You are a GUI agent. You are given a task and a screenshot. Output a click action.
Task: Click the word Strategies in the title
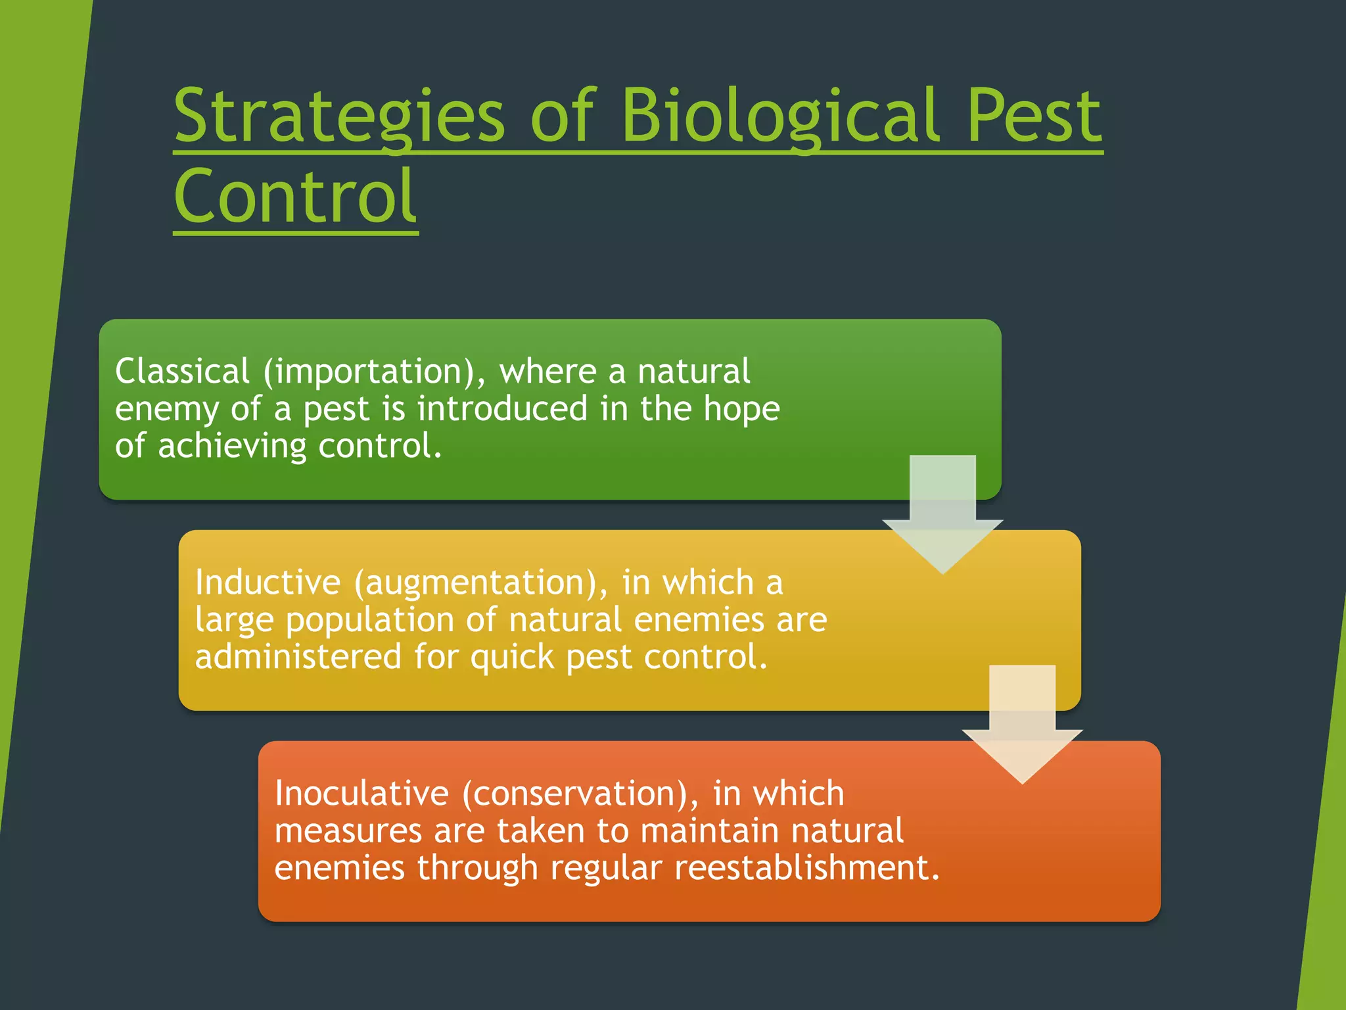click(x=339, y=117)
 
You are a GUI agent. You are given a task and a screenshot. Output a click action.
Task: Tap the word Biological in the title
click(x=779, y=117)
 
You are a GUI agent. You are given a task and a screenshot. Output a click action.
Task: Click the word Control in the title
click(x=295, y=196)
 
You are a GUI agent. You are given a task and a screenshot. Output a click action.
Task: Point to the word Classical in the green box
click(x=182, y=372)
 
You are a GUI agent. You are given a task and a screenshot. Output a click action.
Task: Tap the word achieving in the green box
click(x=231, y=446)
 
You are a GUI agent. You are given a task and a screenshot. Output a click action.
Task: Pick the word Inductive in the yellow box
click(x=267, y=583)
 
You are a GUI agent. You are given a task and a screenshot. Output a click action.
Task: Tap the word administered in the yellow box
click(x=298, y=657)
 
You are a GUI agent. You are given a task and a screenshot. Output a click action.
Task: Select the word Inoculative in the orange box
click(x=361, y=793)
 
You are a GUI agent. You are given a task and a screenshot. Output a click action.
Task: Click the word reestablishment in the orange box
click(x=807, y=867)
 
